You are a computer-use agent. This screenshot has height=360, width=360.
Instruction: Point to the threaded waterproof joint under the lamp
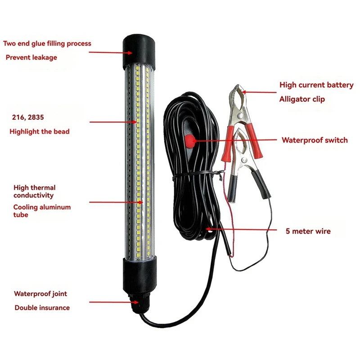136,302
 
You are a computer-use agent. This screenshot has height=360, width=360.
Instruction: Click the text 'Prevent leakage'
31,58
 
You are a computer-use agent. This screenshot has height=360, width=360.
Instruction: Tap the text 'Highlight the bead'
40,131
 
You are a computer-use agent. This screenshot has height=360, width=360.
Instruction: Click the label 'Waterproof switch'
315,140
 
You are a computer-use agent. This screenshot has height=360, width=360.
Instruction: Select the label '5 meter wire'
308,231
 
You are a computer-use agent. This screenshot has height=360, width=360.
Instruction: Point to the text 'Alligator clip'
302,99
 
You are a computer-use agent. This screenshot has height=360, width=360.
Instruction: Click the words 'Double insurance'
42,308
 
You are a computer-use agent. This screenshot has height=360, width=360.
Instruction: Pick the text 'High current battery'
316,85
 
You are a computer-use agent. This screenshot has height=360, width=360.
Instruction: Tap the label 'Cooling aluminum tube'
42,211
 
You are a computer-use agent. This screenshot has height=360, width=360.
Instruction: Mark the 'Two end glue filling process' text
47,44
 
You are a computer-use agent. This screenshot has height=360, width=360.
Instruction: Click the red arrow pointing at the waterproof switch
234,140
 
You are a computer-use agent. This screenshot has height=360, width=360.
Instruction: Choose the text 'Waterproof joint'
40,294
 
